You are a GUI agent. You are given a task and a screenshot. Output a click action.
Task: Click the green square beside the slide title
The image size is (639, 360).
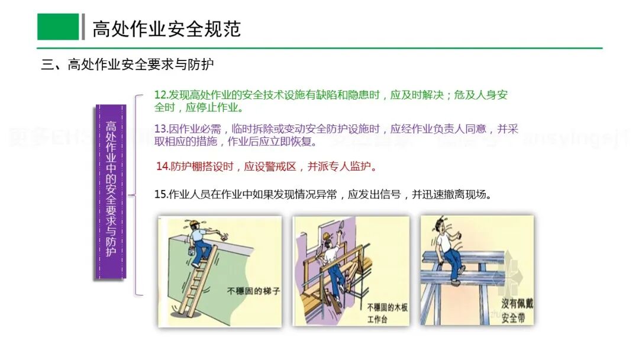(58, 27)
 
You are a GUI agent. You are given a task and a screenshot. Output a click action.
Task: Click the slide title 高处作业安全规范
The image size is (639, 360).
(166, 28)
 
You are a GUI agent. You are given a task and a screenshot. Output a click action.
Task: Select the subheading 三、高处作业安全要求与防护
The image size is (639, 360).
(127, 65)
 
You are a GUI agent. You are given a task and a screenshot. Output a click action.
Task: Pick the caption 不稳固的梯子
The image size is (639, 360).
(251, 291)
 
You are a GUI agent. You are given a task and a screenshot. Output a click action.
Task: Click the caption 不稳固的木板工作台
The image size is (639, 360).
(385, 313)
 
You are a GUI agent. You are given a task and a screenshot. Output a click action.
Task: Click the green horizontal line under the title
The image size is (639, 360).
(319, 48)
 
